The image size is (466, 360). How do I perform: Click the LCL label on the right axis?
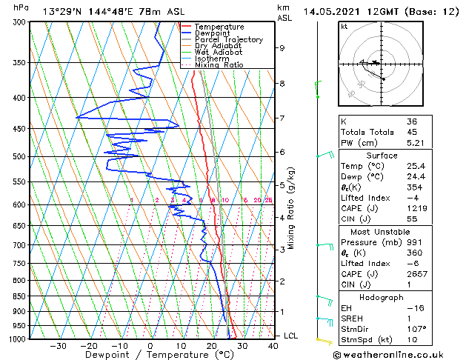point(291,336)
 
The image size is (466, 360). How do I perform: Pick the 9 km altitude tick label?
point(282,48)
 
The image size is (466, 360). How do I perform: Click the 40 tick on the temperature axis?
point(273,346)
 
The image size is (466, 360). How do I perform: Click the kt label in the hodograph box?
point(344,26)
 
